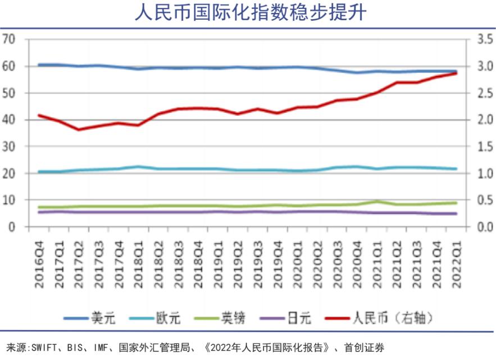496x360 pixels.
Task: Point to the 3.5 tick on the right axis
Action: pyautogui.click(x=485, y=39)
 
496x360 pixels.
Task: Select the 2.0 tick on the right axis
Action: pyautogui.click(x=485, y=120)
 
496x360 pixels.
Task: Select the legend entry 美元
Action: pyautogui.click(x=103, y=318)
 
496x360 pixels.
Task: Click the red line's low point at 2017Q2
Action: pyautogui.click(x=79, y=130)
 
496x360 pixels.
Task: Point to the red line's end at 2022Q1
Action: pyautogui.click(x=456, y=73)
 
